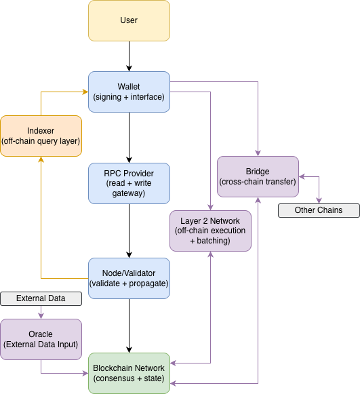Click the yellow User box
coord(129,20)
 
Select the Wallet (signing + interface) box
coord(129,92)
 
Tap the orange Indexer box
coord(41,136)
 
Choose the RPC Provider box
coord(129,183)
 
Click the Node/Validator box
coord(129,278)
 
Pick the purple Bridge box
coord(258,176)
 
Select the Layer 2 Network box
coord(210,231)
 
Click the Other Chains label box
coord(319,210)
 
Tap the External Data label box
coord(41,298)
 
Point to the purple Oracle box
coord(41,339)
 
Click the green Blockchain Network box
coord(129,373)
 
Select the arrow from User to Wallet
coord(129,56)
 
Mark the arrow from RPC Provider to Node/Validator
coord(129,231)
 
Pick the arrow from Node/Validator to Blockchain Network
coord(129,326)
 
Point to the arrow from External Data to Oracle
coord(41,312)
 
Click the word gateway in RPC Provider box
coord(129,193)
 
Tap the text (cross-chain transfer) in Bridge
coord(258,182)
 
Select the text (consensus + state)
coord(129,378)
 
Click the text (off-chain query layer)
coord(41,141)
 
